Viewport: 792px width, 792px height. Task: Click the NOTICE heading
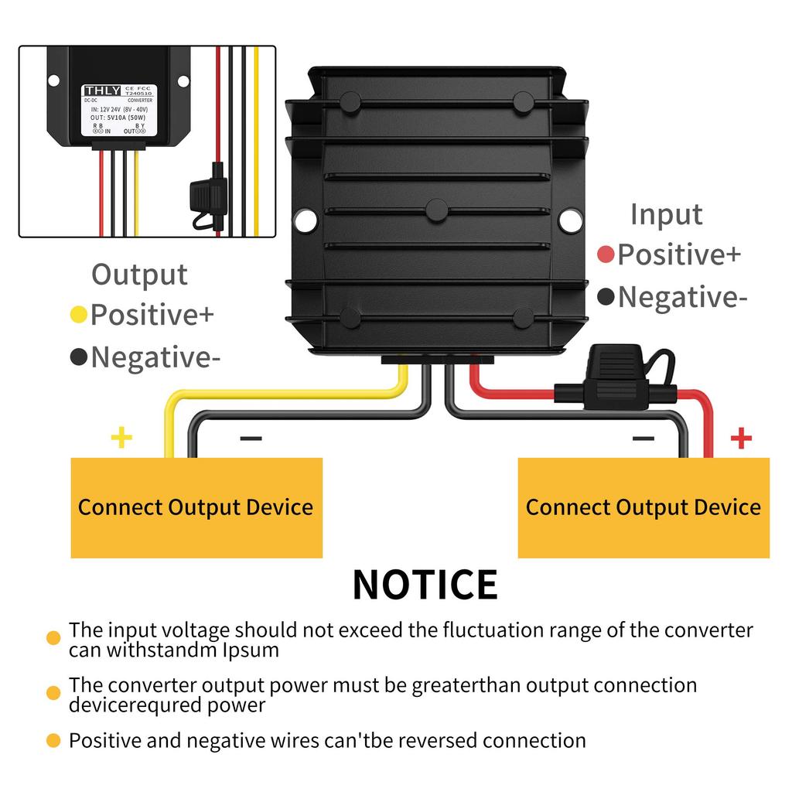425,585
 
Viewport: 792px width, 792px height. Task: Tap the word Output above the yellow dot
139,275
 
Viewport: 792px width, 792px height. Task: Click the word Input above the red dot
666,214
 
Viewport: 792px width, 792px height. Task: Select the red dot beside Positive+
606,254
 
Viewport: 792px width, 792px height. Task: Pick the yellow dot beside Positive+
78,315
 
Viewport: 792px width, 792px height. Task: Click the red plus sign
741,439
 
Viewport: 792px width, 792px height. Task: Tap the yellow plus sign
121,439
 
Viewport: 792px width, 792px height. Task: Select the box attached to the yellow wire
196,507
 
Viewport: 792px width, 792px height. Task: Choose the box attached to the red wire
643,507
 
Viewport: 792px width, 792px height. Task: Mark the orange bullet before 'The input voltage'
53,638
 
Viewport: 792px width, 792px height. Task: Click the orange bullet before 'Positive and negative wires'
53,741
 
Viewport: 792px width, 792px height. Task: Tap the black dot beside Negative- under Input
606,296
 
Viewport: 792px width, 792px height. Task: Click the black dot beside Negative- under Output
78,357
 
